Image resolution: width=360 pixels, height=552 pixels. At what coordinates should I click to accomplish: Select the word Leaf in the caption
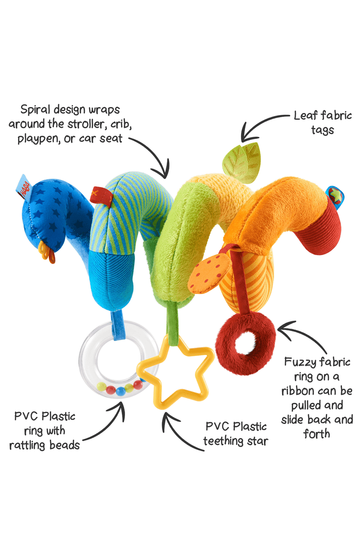tap(305, 115)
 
